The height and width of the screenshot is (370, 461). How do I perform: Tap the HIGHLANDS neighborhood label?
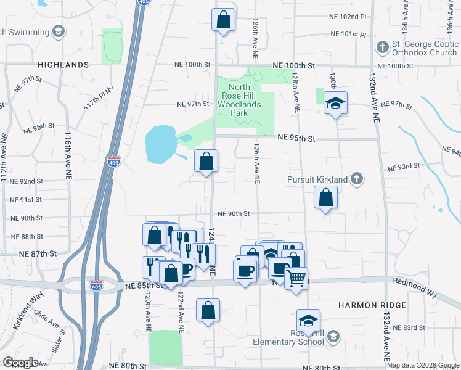click(x=63, y=65)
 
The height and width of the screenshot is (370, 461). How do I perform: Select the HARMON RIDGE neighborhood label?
click(x=372, y=305)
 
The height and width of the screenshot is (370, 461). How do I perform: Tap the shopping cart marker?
click(x=296, y=278)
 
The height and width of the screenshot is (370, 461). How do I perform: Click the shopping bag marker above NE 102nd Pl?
click(x=224, y=20)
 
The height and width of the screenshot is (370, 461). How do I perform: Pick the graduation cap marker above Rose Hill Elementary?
click(x=308, y=321)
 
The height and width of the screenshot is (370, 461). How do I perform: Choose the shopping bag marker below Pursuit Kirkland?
click(x=325, y=199)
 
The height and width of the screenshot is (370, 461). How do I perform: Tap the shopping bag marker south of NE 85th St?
click(x=208, y=310)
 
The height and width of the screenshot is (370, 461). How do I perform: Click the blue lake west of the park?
click(x=160, y=144)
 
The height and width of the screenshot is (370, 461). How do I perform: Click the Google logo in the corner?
click(x=20, y=362)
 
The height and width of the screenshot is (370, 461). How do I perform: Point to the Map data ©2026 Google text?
click(x=422, y=365)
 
